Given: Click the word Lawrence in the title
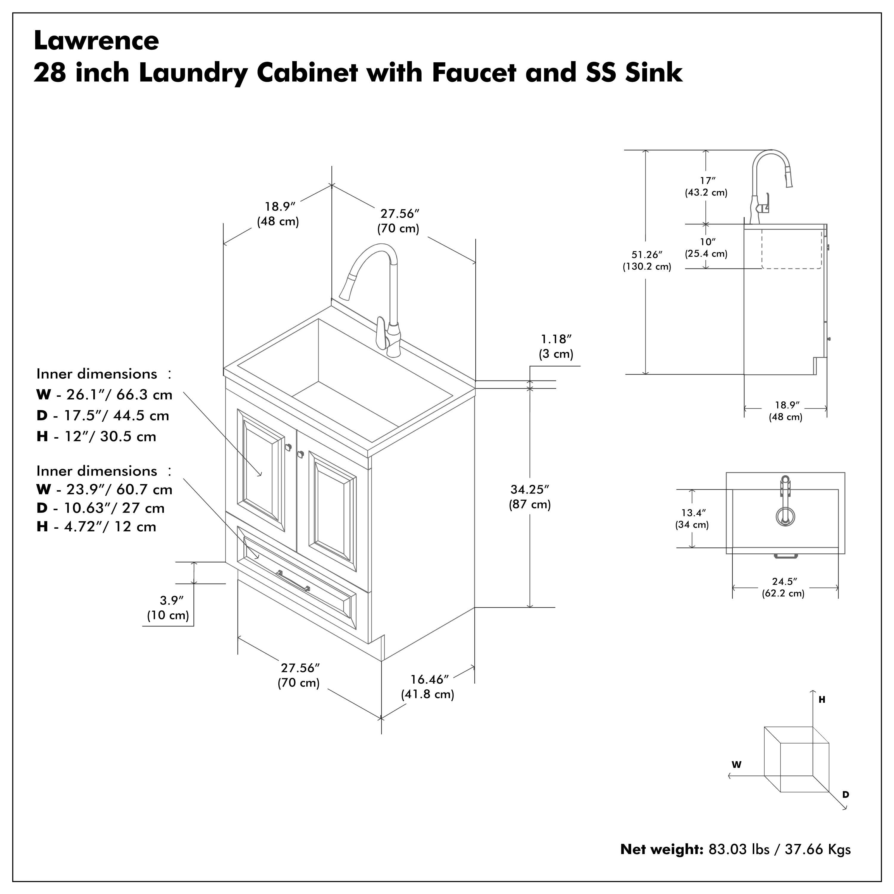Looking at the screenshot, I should (96, 41).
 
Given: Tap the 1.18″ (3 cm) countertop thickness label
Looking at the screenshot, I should (556, 347).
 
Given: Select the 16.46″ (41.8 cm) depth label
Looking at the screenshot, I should (428, 687).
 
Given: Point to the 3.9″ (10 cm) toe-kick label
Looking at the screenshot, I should (168, 608).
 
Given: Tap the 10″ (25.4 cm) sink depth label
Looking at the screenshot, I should (706, 248).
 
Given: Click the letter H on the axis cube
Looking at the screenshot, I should (822, 700).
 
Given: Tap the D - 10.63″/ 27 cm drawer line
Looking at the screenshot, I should (100, 508).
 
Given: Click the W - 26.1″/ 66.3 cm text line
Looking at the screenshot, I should (104, 395).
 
